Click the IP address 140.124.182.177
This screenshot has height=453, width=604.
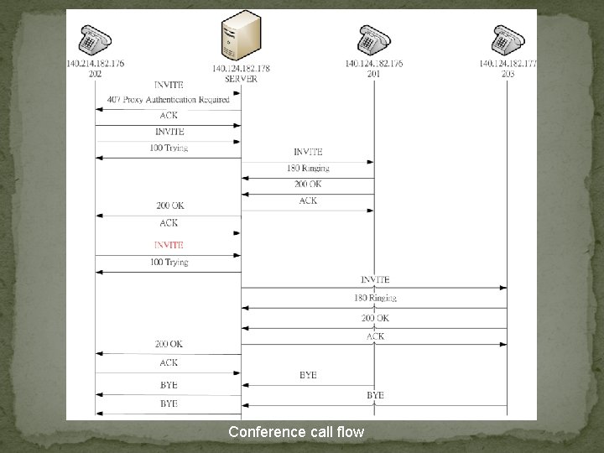[508, 64]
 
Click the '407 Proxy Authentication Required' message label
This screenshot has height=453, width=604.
[169, 100]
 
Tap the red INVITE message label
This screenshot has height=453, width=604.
[169, 245]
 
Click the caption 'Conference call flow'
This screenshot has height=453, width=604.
[296, 433]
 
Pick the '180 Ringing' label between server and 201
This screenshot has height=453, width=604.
[308, 169]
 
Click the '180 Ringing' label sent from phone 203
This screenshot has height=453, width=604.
[375, 298]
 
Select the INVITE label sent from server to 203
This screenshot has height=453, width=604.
[375, 279]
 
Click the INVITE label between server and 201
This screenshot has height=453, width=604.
[308, 152]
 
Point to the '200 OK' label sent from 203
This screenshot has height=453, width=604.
[375, 318]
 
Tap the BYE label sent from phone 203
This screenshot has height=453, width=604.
[375, 394]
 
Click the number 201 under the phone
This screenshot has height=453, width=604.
[373, 74]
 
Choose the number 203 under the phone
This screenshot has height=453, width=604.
[508, 74]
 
